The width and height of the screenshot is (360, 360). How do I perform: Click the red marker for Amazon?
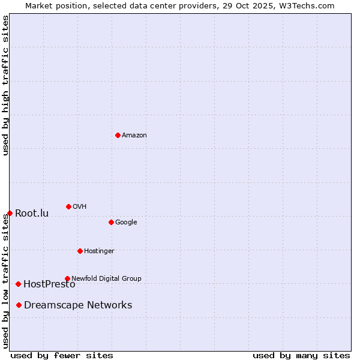point(118,135)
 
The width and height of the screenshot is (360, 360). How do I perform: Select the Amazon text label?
point(134,136)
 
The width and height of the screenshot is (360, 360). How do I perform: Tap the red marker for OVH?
point(68,206)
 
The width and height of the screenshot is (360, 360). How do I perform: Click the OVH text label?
point(80,207)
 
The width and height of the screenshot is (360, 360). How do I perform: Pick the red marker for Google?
point(111,222)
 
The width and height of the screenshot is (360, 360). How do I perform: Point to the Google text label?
point(126,223)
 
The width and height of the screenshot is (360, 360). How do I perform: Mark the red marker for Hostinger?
point(80,251)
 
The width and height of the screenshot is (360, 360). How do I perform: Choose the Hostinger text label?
point(99,251)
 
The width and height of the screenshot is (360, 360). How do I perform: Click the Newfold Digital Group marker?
point(67,278)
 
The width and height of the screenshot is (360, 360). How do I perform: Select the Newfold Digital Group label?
point(106,278)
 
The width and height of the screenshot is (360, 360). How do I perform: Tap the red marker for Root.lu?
point(10,213)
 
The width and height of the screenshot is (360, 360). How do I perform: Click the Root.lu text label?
point(32,214)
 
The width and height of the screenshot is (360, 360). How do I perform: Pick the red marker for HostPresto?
point(18,284)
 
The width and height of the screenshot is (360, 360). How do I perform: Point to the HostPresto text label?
point(49,284)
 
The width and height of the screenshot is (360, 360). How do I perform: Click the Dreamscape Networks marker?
point(19,305)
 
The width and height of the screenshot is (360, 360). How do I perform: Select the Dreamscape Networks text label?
point(78,305)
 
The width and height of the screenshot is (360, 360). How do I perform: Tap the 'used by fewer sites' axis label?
point(62,355)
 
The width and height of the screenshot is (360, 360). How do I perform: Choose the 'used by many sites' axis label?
point(301,355)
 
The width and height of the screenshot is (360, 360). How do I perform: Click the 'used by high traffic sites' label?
point(6,85)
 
